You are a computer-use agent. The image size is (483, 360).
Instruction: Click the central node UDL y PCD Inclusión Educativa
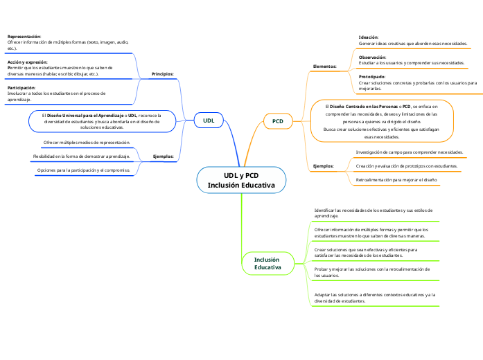tap(241, 181)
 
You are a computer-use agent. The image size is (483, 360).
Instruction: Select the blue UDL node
tap(208, 120)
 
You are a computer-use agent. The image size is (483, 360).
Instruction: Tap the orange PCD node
tap(277, 121)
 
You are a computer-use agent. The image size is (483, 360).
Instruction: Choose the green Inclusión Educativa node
tap(267, 263)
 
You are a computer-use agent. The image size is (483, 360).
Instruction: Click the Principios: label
tap(162, 73)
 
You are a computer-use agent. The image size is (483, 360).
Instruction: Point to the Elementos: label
tap(324, 66)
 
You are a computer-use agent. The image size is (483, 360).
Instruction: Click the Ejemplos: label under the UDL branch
tap(162, 156)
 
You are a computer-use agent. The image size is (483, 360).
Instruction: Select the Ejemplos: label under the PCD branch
tap(323, 166)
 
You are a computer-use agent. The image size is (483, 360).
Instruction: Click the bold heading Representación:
tap(24, 36)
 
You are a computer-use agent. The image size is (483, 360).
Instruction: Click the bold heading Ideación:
tap(369, 37)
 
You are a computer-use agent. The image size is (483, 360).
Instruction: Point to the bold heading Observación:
tap(372, 57)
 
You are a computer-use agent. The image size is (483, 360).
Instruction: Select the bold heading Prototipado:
tap(371, 76)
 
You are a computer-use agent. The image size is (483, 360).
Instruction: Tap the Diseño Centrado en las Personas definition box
tap(382, 120)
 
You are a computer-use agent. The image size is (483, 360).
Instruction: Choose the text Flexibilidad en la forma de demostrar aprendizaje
tap(82, 157)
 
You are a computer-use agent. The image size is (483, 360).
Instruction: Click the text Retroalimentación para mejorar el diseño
tap(396, 180)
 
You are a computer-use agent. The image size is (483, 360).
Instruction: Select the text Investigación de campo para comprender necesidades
tap(409, 152)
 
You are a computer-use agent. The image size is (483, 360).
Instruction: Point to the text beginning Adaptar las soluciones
tap(375, 298)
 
